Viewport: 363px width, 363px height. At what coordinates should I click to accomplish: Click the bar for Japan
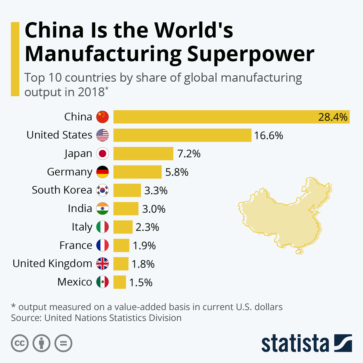point(143,154)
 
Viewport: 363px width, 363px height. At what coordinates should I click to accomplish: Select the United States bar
point(182,135)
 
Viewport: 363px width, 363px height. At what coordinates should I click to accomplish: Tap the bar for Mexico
point(119,282)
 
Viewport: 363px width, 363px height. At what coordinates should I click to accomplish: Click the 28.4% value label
point(333,117)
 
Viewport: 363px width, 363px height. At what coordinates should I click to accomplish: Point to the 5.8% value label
point(177,172)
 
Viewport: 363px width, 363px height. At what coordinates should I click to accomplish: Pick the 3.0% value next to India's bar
point(154,209)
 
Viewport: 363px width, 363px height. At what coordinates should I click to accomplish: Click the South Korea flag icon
point(103,190)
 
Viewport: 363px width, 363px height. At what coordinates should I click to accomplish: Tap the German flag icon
point(103,172)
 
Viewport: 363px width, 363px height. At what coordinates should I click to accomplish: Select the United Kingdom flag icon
point(103,264)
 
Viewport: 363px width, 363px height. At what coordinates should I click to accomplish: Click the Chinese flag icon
point(103,117)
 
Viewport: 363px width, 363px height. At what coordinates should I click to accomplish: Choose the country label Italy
point(82,227)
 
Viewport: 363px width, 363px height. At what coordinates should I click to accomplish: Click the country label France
point(76,245)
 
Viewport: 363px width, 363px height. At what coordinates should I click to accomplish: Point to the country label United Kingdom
point(52,263)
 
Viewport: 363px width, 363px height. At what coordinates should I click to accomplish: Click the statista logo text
point(295,343)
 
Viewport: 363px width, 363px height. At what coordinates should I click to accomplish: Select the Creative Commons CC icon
point(20,343)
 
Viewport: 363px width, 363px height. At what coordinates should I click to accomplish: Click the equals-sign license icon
point(64,343)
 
